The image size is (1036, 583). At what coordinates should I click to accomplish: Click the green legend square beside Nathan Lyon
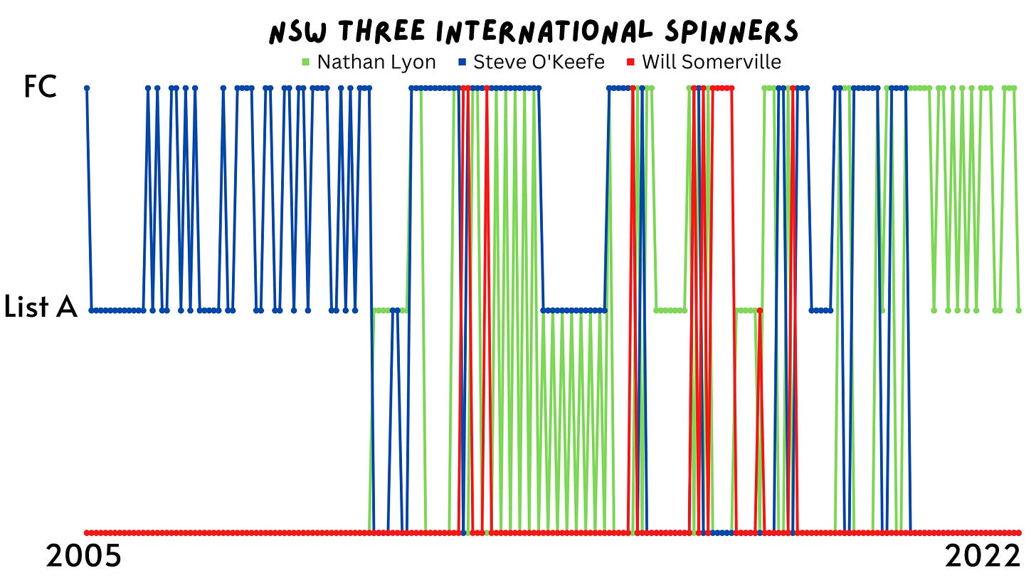click(x=307, y=63)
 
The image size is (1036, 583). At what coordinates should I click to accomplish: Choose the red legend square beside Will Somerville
click(x=631, y=63)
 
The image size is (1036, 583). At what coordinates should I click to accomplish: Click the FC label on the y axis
click(x=40, y=88)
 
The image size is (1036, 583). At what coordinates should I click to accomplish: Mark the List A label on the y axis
click(x=40, y=308)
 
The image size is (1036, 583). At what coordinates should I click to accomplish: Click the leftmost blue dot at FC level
click(x=87, y=88)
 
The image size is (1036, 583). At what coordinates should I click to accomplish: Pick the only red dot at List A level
click(x=760, y=310)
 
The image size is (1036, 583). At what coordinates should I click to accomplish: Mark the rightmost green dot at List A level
click(x=1019, y=310)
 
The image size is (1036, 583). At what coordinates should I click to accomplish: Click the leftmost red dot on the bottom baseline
click(x=87, y=532)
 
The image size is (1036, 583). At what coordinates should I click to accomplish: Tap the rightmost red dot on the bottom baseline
click(x=1019, y=532)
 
